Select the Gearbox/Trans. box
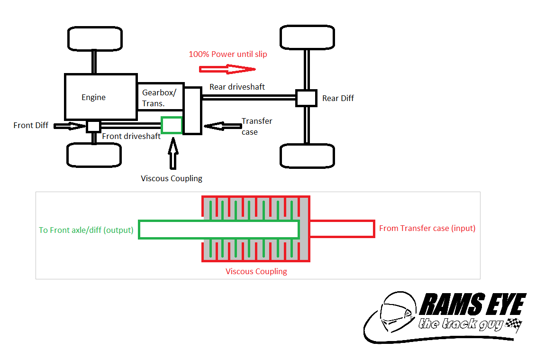coord(160,97)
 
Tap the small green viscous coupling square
coord(172,125)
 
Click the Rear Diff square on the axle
coord(306,98)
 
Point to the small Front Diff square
coord(93,126)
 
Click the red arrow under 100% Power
coord(227,69)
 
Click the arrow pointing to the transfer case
coord(222,126)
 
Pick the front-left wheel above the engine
coord(94,38)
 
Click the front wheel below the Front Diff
coord(94,155)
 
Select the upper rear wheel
coord(307,37)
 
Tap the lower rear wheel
coord(307,156)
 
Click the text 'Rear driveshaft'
coord(237,87)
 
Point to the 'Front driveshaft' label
coord(131,136)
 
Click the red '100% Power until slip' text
coord(228,54)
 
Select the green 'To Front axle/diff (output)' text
coord(86,230)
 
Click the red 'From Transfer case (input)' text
coord(427,228)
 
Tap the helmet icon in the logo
coord(396,313)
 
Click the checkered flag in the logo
coord(514,324)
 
